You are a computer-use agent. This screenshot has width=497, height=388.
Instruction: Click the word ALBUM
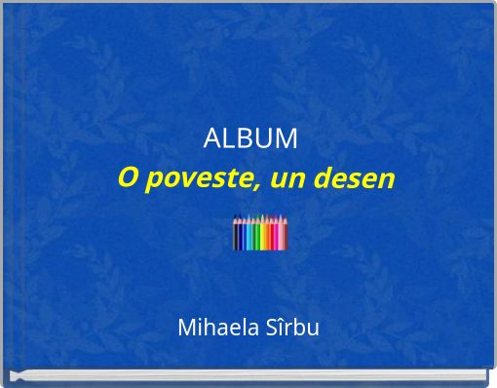click(x=250, y=139)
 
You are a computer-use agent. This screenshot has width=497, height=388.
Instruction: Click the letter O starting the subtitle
click(x=127, y=179)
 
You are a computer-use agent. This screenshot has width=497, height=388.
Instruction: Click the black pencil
click(x=236, y=236)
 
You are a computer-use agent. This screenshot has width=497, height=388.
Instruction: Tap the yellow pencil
click(x=262, y=236)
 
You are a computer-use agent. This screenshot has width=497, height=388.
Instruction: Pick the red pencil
click(x=272, y=236)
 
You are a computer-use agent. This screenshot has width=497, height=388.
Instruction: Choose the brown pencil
click(x=286, y=236)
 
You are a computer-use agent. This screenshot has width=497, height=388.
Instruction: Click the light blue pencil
click(x=248, y=236)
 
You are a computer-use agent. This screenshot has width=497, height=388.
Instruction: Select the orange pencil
click(x=267, y=236)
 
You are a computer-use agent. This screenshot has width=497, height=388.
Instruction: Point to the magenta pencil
click(x=276, y=236)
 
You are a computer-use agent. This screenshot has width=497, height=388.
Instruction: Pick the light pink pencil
click(x=281, y=236)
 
